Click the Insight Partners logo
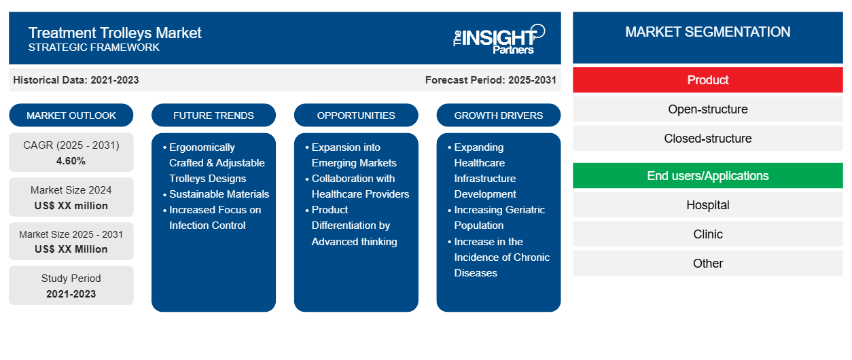click(499, 39)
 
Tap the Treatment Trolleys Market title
click(115, 33)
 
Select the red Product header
click(707, 80)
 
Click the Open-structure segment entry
click(707, 109)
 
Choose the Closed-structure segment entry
click(707, 139)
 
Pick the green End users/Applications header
click(707, 176)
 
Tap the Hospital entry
click(707, 205)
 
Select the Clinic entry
click(707, 234)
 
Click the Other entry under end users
click(707, 263)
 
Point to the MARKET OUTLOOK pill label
click(71, 115)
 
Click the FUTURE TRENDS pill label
click(213, 115)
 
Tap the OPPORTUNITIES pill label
click(356, 115)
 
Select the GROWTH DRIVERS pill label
click(498, 115)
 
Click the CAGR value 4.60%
click(71, 161)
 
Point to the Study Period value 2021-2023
click(71, 294)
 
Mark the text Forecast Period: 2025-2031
click(491, 80)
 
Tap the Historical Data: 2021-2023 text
click(76, 80)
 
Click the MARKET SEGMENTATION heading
click(707, 32)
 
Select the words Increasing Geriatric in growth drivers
click(499, 210)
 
